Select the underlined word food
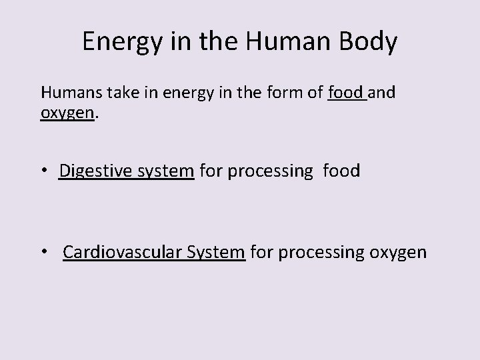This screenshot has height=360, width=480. coord(346,93)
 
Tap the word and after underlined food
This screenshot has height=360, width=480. coord(381,93)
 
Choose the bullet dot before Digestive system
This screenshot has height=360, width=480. coord(45,171)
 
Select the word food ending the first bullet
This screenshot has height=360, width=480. coord(341,171)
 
